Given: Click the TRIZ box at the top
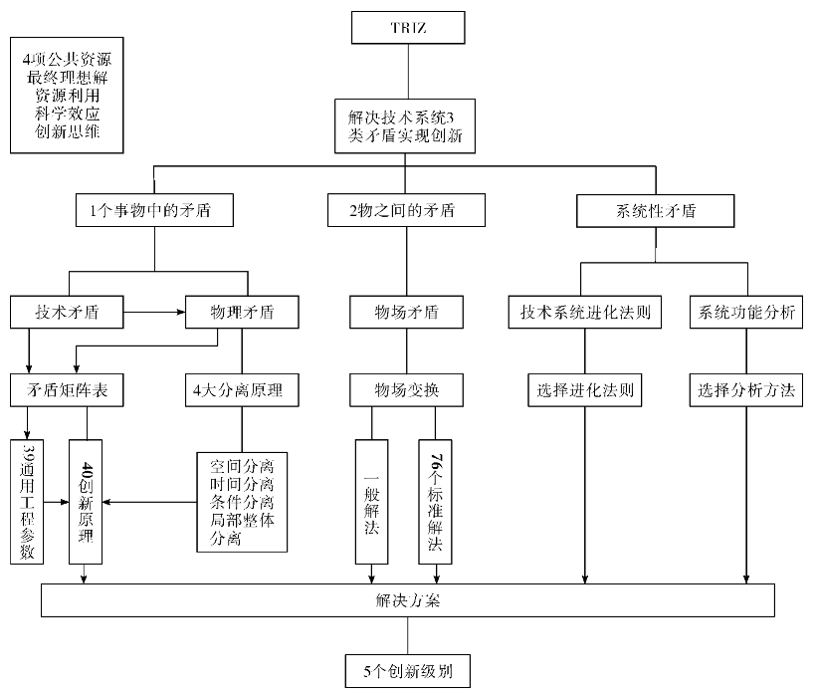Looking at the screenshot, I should coord(408,28).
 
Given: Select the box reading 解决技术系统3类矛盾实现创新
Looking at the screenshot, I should coord(407,125).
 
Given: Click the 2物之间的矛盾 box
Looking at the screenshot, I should coord(406,210).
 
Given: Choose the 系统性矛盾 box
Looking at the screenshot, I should coord(655,210).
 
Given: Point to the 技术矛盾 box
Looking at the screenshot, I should coord(68,312).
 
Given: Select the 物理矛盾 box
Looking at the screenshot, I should coord(243,312).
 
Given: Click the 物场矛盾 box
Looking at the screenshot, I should coord(407,312).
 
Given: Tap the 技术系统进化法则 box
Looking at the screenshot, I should coord(585,312).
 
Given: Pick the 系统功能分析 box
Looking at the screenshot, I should coord(747,312).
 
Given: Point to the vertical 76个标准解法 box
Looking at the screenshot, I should coord(437,500).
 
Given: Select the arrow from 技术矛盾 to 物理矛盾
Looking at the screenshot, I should coord(155,312).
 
